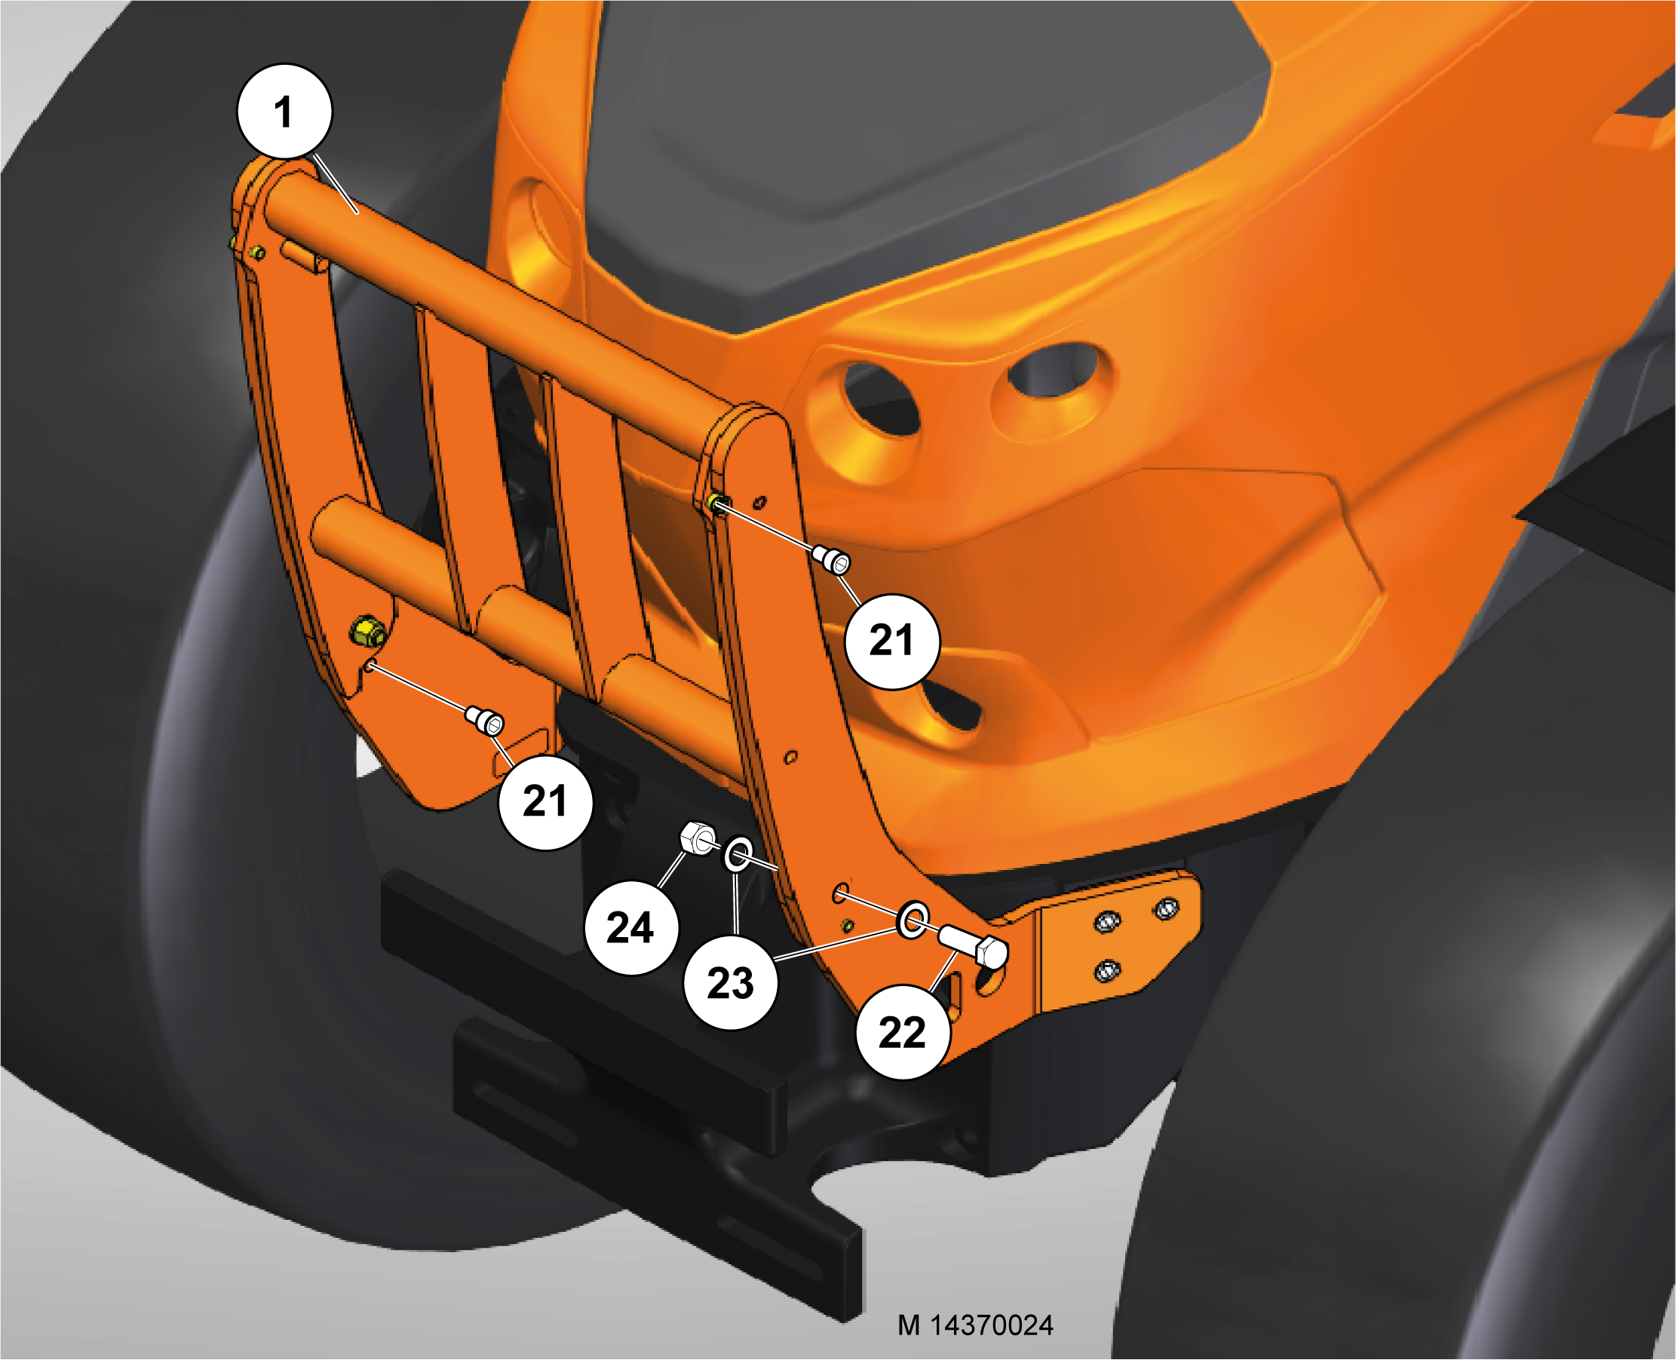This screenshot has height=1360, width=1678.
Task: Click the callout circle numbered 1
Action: [x=284, y=112]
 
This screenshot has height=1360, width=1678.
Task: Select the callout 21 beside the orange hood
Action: [x=892, y=641]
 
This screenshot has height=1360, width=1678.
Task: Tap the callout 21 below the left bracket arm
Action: [x=545, y=801]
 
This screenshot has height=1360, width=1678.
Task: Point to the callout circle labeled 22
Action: [x=903, y=1032]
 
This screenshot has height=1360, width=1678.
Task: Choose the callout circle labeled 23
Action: [x=731, y=982]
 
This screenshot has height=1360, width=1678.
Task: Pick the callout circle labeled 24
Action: [x=631, y=927]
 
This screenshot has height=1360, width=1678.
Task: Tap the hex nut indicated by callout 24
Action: [x=696, y=838]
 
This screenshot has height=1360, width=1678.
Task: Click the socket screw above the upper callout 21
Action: [x=832, y=559]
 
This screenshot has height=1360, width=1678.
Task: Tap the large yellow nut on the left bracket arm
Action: [x=367, y=631]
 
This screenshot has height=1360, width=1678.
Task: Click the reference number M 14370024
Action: [x=975, y=1325]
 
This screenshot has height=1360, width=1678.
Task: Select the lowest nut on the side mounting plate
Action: [x=1105, y=972]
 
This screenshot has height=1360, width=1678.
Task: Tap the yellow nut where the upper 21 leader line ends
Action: [x=714, y=502]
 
